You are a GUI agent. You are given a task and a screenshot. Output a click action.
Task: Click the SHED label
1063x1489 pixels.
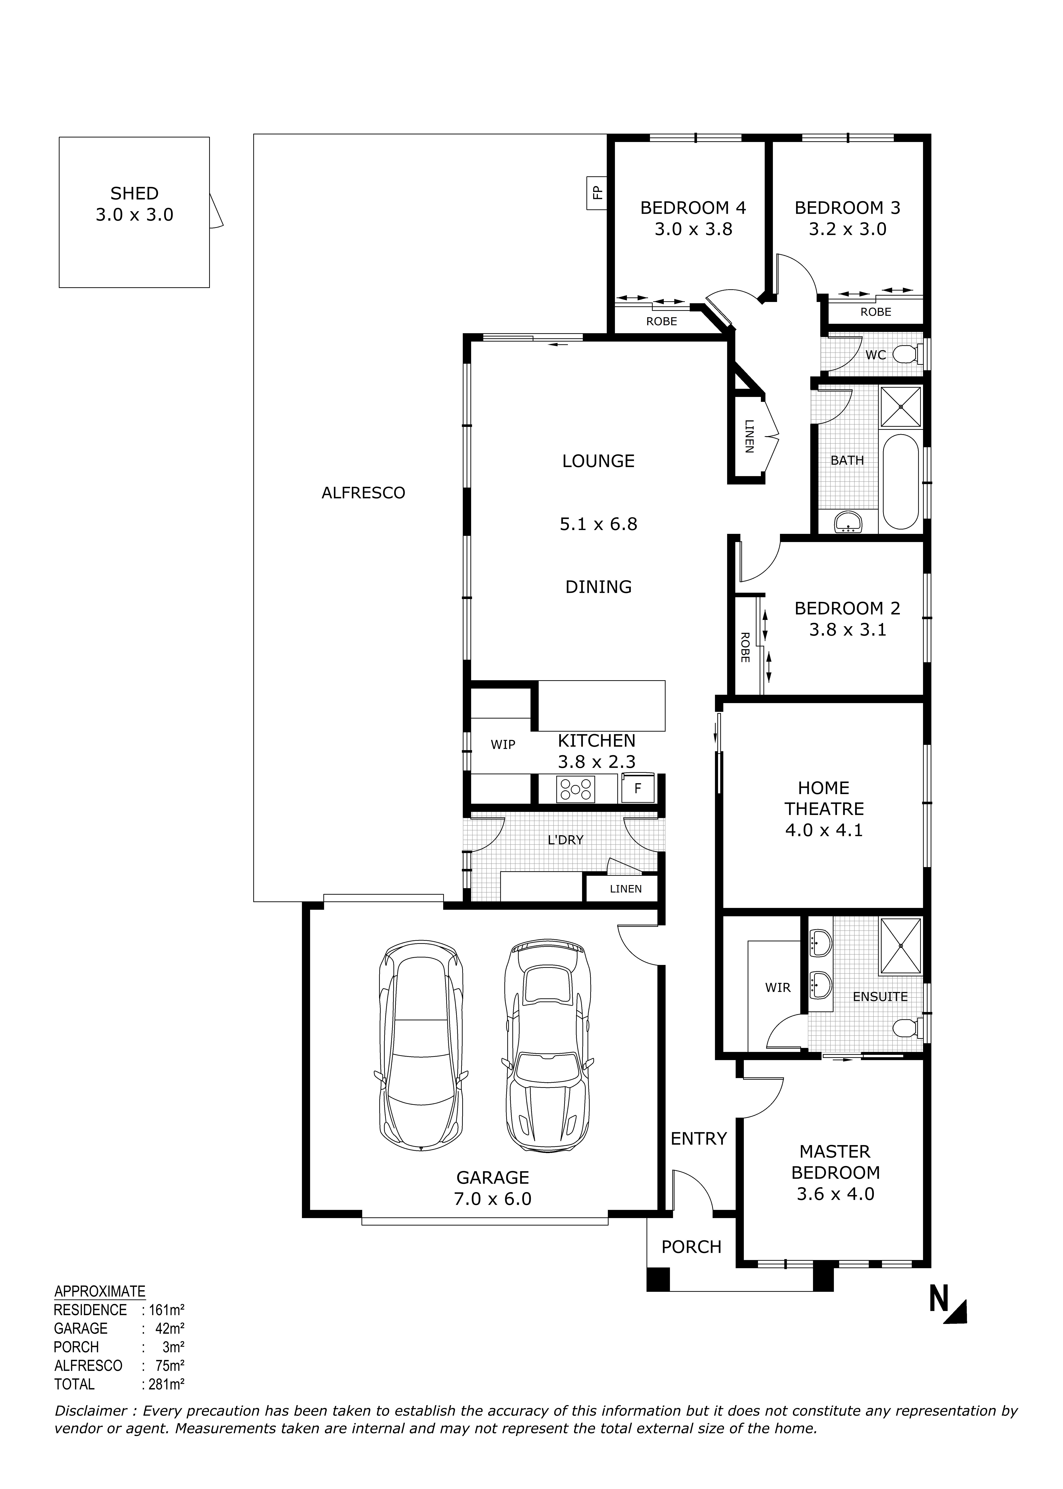pyautogui.click(x=134, y=194)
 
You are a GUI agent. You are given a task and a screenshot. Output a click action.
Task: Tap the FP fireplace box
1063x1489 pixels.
pyautogui.click(x=596, y=193)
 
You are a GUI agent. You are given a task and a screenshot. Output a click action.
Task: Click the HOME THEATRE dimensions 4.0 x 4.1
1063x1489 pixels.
pyautogui.click(x=824, y=830)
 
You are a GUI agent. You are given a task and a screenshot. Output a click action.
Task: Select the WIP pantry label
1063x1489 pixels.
pyautogui.click(x=503, y=744)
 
